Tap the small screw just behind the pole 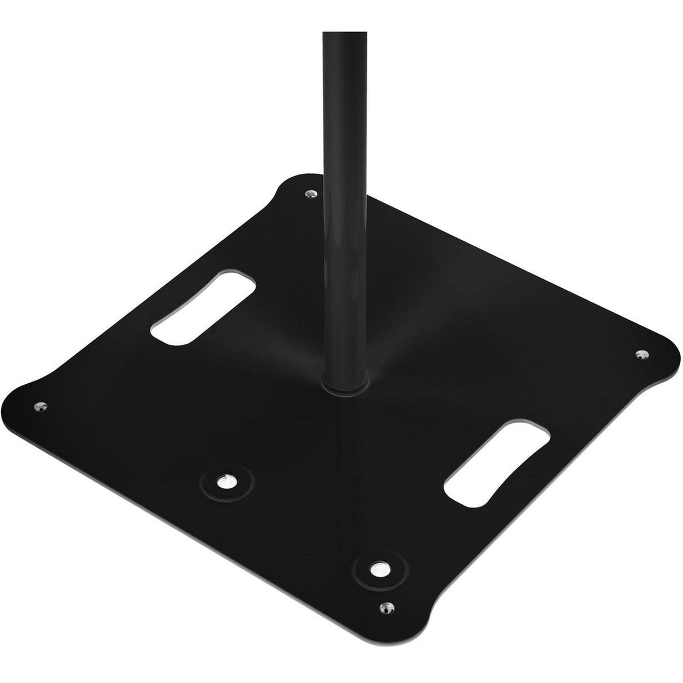[309, 194]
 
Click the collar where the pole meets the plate [344, 385]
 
